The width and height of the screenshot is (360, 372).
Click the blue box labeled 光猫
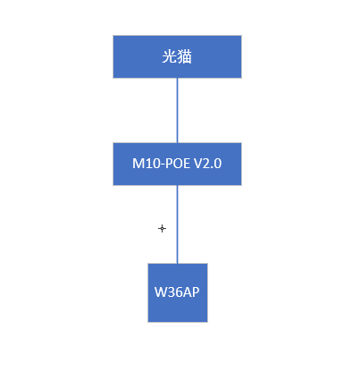[x=177, y=57]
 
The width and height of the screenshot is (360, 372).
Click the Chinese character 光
[x=170, y=56]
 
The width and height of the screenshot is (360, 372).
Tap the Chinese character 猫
[x=184, y=56]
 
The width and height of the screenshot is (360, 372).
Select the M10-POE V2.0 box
[x=177, y=165]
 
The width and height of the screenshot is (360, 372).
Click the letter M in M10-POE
[x=138, y=164]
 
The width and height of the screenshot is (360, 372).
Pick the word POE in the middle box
[x=176, y=164]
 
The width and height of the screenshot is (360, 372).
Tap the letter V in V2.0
[x=198, y=164]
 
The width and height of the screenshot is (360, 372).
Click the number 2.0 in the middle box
[x=213, y=164]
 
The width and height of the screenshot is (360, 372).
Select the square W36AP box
[x=178, y=293]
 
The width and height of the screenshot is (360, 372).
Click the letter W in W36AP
[x=160, y=292]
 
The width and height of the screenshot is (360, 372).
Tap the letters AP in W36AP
[x=189, y=292]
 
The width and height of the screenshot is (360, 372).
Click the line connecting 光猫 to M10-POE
[x=178, y=111]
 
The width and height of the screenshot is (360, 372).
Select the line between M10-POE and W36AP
[x=178, y=224]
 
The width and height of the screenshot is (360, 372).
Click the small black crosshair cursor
[x=162, y=229]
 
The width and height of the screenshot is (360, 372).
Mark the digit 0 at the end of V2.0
[x=218, y=164]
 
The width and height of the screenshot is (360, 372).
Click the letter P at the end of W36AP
[x=196, y=292]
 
